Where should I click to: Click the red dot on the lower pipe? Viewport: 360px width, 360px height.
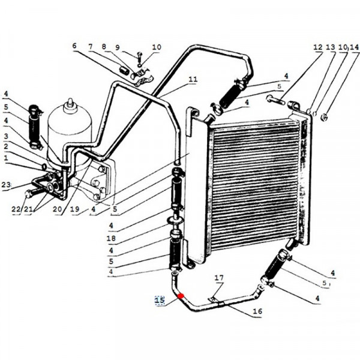181,296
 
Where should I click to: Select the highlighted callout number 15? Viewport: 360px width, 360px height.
160,300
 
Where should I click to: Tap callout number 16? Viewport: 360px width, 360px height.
257,311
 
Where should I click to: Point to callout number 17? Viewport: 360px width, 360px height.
219,278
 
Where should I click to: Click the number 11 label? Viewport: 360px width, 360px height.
193,79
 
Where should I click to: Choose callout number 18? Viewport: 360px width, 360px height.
111,238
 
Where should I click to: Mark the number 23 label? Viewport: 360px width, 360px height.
6,185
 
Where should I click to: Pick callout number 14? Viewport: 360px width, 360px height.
354,47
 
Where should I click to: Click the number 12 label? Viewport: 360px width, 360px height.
318,47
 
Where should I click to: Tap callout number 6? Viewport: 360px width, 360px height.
74,46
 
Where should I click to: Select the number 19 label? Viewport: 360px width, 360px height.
75,209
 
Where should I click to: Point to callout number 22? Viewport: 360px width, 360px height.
16,209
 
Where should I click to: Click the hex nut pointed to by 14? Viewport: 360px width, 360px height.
324,118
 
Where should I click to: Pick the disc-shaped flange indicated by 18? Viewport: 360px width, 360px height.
176,220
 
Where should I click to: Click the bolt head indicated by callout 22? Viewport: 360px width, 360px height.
28,194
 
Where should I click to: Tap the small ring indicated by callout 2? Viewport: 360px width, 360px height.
44,167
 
